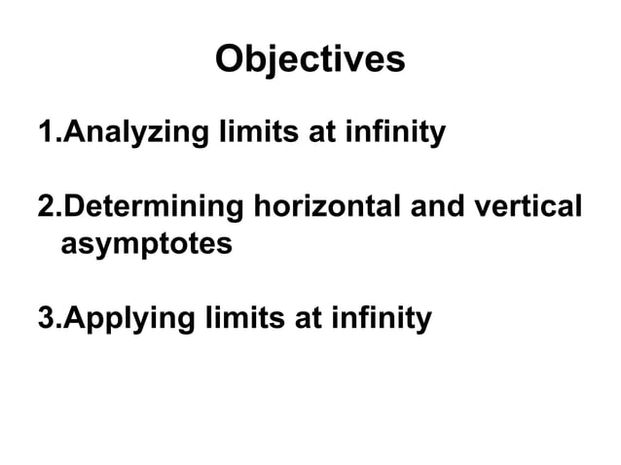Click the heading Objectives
pos(310,60)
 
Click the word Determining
pos(153,209)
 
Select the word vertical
pos(531,208)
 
